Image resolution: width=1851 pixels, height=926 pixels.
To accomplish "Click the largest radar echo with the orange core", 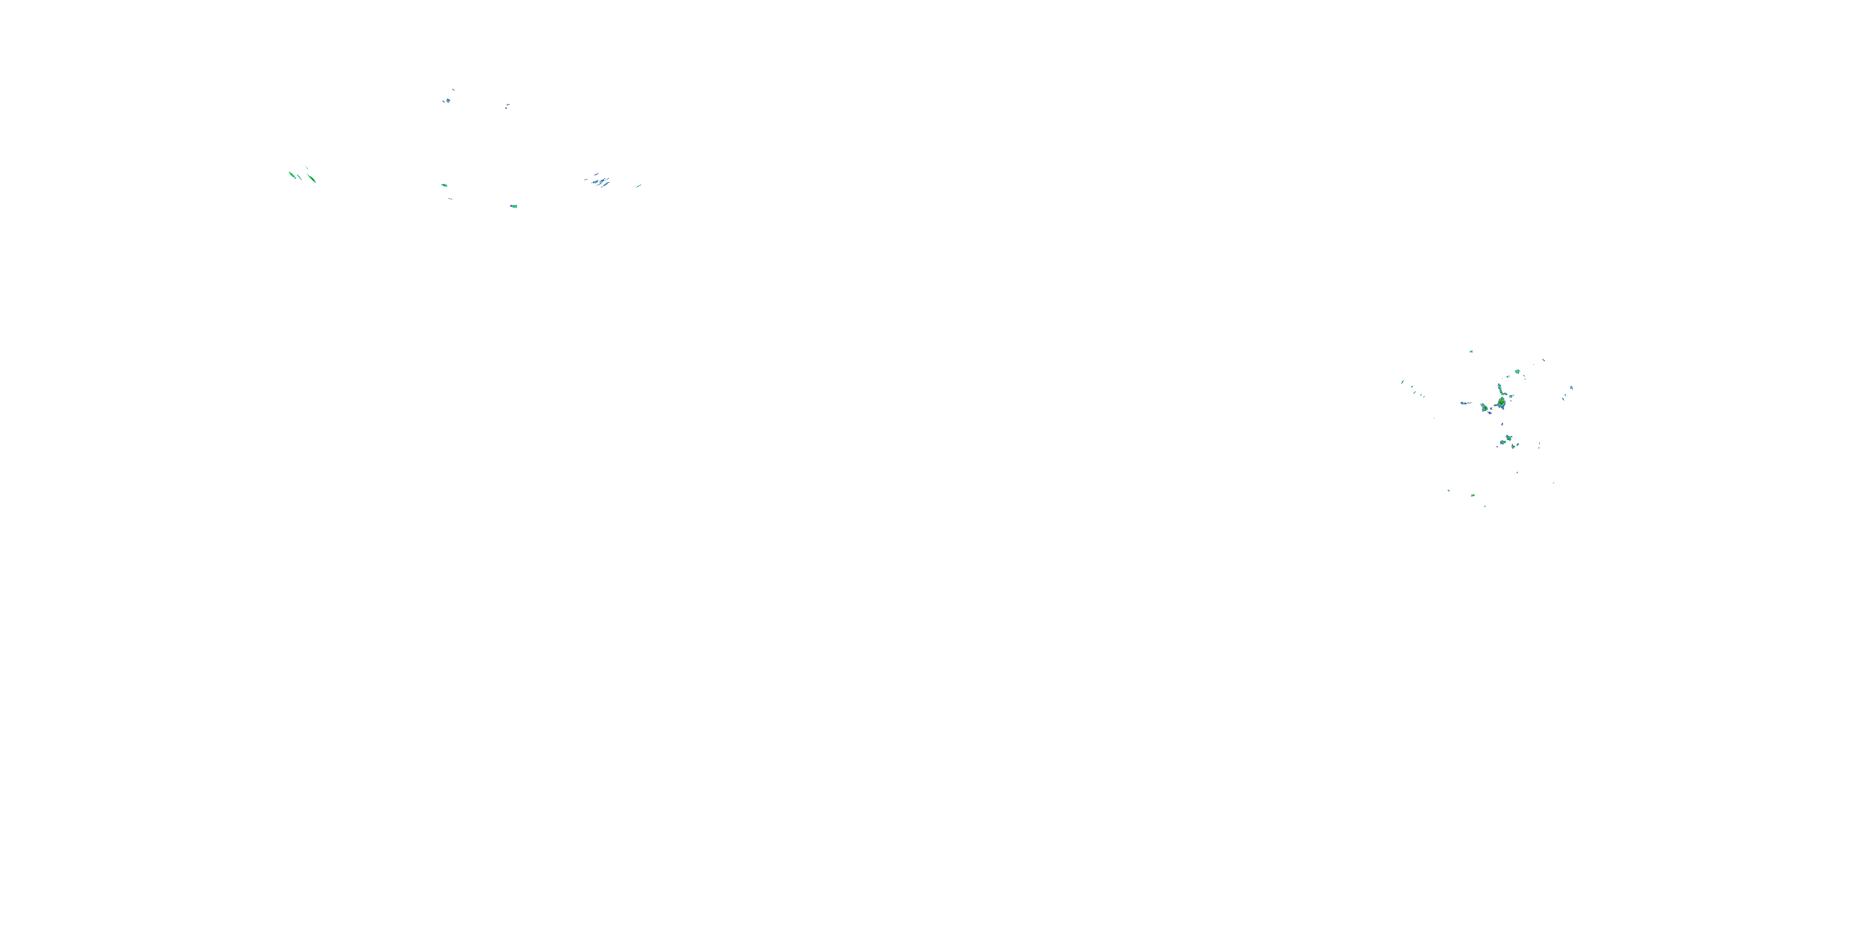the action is (x=1501, y=403).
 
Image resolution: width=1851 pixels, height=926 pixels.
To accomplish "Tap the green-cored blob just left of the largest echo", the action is (x=1485, y=408).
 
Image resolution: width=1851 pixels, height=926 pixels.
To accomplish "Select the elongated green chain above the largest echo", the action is (x=1501, y=389).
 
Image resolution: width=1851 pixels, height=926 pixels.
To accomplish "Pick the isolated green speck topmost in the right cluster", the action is (x=1471, y=351).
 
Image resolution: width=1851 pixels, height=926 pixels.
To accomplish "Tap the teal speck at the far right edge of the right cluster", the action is (x=1571, y=388).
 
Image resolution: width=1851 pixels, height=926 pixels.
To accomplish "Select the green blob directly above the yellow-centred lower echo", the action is (x=1509, y=437).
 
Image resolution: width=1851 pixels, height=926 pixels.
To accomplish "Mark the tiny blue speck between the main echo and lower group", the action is (x=1502, y=423).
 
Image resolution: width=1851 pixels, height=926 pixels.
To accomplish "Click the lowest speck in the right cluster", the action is (x=1485, y=506).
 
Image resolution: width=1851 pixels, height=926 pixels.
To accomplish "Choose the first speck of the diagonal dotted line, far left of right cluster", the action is (x=1402, y=382).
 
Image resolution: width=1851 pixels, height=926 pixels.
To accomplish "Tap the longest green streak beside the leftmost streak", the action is (x=311, y=178).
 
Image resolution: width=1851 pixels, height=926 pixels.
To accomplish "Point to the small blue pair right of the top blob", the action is (x=507, y=106).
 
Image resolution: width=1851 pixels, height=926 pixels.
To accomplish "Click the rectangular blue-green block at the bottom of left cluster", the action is (x=514, y=206).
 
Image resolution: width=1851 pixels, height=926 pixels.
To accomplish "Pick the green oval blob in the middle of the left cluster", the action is (x=444, y=185).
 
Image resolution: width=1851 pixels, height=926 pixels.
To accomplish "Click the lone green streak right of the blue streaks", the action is (x=638, y=185).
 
